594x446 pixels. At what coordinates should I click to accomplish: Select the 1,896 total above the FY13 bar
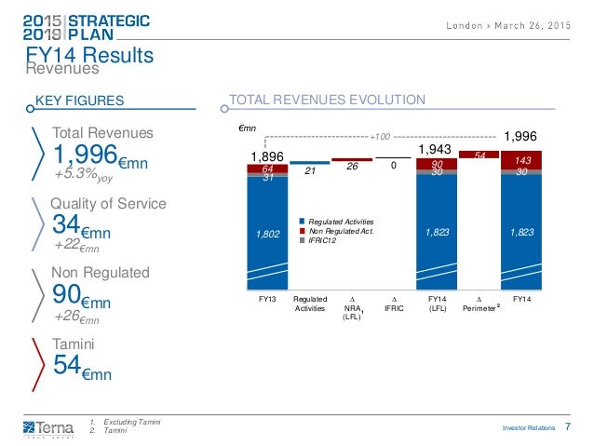266,157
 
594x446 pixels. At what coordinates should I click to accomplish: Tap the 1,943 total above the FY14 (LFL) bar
434,149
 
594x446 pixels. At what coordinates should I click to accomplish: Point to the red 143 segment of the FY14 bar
520,160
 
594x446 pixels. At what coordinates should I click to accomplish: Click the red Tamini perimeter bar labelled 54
479,154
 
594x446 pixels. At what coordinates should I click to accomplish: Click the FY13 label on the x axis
266,300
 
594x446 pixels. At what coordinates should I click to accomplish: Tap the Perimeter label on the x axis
478,306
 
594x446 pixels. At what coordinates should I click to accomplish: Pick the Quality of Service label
109,205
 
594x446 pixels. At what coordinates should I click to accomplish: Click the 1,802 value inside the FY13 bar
266,235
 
